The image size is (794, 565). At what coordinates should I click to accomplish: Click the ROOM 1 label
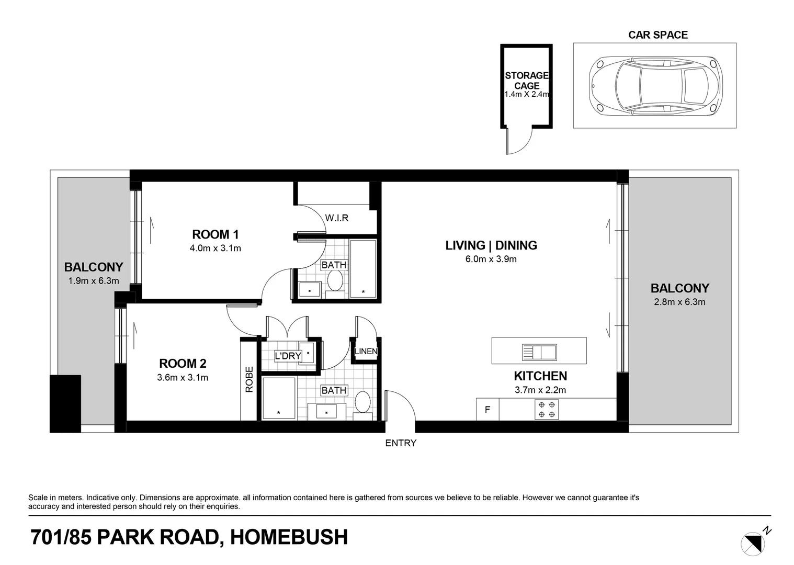tap(215, 234)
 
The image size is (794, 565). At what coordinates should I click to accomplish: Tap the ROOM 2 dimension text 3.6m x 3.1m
tap(183, 377)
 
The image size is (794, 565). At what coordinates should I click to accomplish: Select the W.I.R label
tap(336, 218)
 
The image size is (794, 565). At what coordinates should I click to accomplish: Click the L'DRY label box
tap(288, 356)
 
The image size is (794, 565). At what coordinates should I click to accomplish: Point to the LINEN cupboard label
tap(366, 351)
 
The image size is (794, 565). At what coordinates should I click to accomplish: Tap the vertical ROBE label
tap(249, 379)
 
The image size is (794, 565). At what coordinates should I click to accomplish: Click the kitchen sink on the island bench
tap(539, 352)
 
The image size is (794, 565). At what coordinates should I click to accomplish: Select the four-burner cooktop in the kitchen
tap(547, 409)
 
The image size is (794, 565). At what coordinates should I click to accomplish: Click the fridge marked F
tap(487, 410)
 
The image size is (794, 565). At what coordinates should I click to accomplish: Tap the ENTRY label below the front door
tap(401, 443)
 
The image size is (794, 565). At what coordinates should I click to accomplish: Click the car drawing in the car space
tap(654, 85)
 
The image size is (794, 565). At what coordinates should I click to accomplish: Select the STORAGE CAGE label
tap(527, 81)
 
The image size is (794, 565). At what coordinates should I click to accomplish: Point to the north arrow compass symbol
tap(753, 543)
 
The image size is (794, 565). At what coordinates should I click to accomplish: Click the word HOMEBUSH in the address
tap(289, 537)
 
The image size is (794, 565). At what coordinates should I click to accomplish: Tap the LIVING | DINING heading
tap(491, 245)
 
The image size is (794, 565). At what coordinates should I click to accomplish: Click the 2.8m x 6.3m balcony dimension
tap(679, 302)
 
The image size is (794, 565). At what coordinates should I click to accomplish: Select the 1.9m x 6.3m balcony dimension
tap(94, 281)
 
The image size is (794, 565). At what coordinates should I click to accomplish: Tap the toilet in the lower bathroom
tap(362, 403)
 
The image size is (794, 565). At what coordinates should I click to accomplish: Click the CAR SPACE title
tap(657, 35)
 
